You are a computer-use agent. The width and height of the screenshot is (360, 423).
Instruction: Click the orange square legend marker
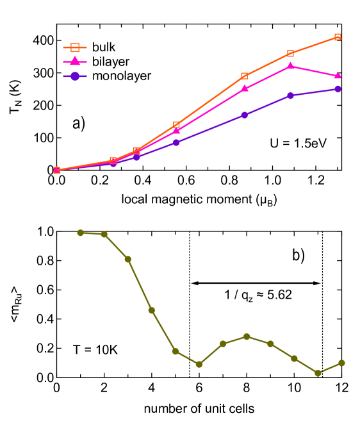pos(75,47)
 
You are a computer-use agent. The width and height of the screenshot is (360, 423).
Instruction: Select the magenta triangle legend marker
pos(75,62)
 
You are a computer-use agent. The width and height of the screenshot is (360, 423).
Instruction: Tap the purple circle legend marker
pos(75,76)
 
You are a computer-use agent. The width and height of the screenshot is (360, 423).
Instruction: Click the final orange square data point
pos(338,37)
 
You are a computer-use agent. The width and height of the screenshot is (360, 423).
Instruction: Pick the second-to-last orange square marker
pos(290,53)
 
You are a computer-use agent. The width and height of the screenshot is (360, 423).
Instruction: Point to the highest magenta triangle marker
pos(290,66)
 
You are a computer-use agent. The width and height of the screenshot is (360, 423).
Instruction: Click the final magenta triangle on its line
pos(338,76)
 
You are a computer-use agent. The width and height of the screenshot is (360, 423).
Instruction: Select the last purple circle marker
pos(338,89)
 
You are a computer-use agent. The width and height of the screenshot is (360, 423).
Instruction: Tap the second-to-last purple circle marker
pos(290,95)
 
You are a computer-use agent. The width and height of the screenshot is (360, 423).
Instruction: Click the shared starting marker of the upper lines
pos(57,170)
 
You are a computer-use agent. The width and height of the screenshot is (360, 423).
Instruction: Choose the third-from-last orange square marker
pos(244,76)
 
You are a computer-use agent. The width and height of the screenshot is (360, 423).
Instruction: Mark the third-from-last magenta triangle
pos(244,88)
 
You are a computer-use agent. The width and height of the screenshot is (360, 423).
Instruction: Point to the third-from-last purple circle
pos(244,115)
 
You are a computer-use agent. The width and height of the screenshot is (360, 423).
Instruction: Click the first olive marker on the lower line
pos(80,233)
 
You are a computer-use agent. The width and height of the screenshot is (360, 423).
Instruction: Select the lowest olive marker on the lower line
pos(318,373)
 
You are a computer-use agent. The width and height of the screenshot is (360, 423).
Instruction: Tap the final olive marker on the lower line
pos(341,363)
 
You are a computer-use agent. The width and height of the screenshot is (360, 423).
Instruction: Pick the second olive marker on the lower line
pos(104,235)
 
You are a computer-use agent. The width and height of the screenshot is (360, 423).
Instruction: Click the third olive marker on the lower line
pos(127,259)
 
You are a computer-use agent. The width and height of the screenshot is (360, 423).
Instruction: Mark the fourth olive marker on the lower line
pos(151,310)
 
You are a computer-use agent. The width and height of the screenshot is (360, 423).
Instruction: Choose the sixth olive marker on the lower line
pos(199,364)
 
